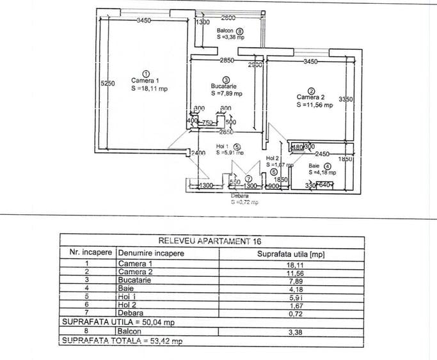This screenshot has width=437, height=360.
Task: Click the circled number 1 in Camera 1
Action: point(146,74)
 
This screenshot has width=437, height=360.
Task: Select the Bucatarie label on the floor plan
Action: point(225,86)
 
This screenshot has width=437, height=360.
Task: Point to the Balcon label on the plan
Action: point(225,31)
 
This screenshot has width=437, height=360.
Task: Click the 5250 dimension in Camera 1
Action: point(107,84)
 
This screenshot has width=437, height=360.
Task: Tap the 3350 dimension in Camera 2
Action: point(346,99)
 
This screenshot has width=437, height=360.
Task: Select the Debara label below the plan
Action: point(240,196)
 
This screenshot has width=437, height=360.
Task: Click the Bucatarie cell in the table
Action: point(134,280)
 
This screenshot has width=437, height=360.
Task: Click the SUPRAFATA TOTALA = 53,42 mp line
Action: point(121,341)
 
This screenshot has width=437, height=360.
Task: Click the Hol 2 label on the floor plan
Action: point(273,158)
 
